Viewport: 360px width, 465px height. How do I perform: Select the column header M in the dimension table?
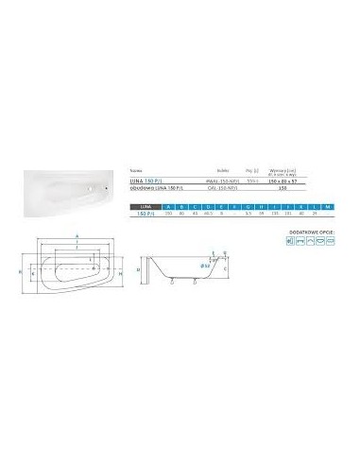click(326, 205)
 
